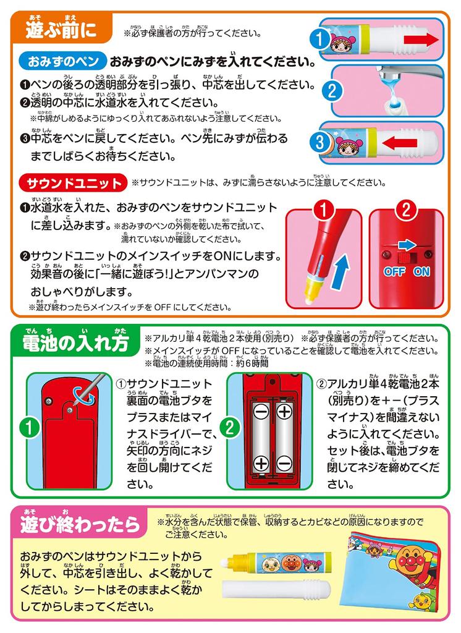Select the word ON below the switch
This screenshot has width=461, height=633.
(421, 271)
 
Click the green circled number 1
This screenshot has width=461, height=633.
(27, 427)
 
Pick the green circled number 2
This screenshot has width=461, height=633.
(228, 427)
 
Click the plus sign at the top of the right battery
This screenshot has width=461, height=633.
(284, 410)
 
